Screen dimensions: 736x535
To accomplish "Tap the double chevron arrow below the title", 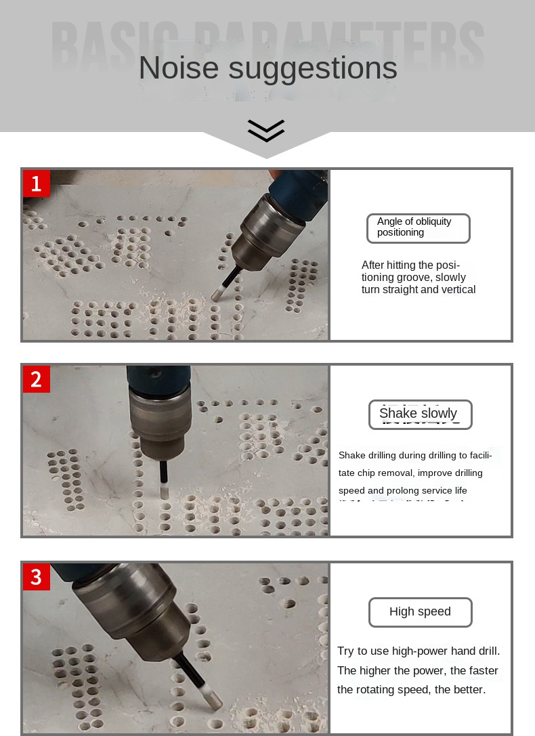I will tap(266, 130).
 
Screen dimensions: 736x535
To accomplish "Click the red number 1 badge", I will tap(37, 183).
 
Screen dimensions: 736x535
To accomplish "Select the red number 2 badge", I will tap(37, 379).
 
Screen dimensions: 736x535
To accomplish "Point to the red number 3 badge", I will tap(37, 577).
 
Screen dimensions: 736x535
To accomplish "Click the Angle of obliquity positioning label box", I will tap(418, 228).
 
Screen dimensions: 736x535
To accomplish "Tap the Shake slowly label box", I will tap(420, 414).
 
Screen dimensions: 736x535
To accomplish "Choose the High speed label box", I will tap(420, 612).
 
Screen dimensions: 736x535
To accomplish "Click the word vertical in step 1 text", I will tap(458, 290).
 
